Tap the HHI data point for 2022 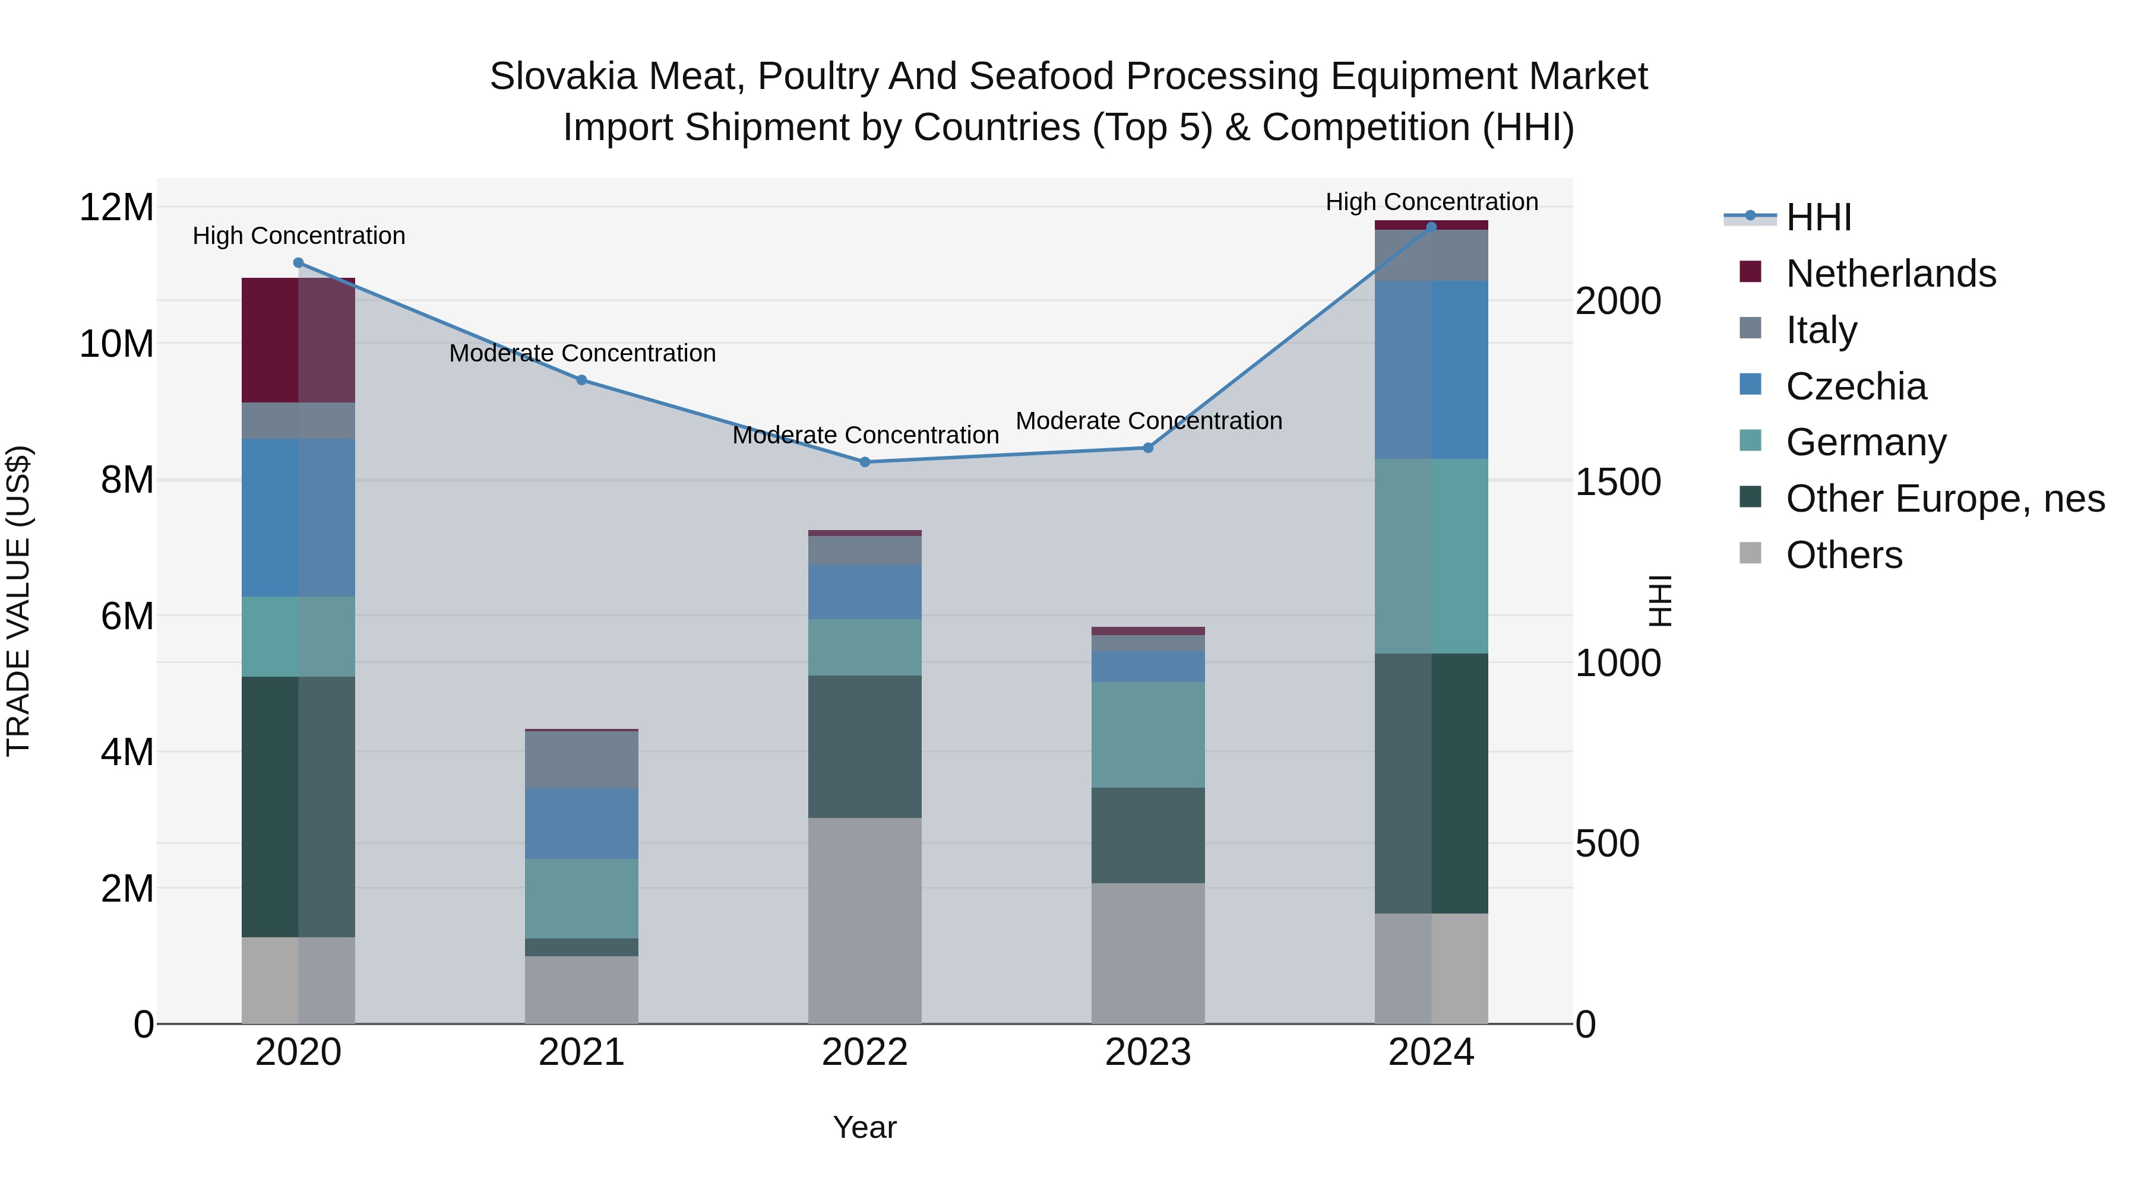pyautogui.click(x=865, y=462)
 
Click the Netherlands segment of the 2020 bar pyautogui.click(x=298, y=340)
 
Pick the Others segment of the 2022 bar pyautogui.click(x=865, y=921)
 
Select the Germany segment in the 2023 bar pyautogui.click(x=1148, y=735)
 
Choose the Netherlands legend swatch pyautogui.click(x=1750, y=272)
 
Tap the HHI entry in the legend pyautogui.click(x=1818, y=217)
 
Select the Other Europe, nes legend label pyautogui.click(x=1944, y=499)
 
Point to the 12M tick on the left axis pyautogui.click(x=116, y=207)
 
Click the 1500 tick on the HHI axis pyautogui.click(x=1618, y=482)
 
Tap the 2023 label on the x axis pyautogui.click(x=1148, y=1052)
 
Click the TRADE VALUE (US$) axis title pyautogui.click(x=18, y=601)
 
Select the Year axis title pyautogui.click(x=865, y=1127)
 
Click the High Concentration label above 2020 pyautogui.click(x=299, y=236)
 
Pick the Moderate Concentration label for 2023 pyautogui.click(x=1149, y=421)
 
